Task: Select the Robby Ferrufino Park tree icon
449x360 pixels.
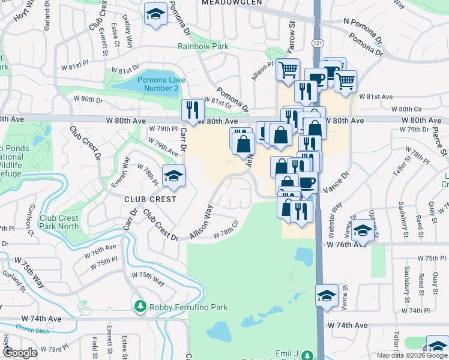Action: click(x=140, y=307)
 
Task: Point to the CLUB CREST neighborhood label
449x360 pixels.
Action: click(x=150, y=199)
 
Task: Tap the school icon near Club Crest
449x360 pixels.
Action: click(x=173, y=176)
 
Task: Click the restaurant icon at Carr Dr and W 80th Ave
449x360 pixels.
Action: click(x=193, y=109)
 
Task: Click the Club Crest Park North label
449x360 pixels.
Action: click(x=59, y=222)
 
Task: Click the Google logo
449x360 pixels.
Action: click(x=20, y=353)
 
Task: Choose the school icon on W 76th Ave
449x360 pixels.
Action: click(x=363, y=230)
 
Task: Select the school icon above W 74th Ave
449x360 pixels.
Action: click(x=327, y=296)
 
